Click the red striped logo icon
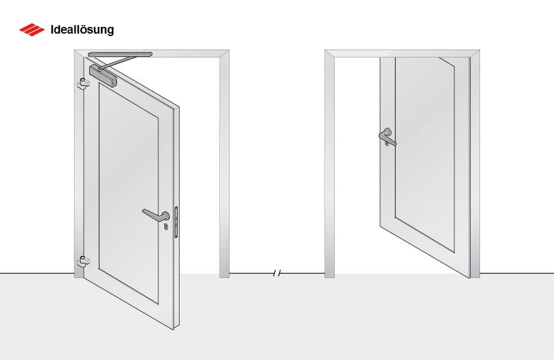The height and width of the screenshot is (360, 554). click(x=32, y=29)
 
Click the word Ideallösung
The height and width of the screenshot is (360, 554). click(x=82, y=29)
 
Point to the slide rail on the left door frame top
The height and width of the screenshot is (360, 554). click(x=120, y=54)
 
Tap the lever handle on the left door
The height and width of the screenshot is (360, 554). click(x=156, y=215)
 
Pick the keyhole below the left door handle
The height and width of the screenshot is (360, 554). click(x=166, y=227)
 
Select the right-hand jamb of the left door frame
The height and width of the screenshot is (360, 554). click(x=224, y=165)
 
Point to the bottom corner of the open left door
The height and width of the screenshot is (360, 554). click(x=173, y=328)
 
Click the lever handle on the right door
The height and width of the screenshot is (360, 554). click(x=387, y=138)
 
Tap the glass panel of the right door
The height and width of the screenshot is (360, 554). click(x=425, y=153)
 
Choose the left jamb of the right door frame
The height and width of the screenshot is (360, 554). click(x=330, y=165)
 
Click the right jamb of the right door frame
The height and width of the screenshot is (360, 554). click(x=475, y=165)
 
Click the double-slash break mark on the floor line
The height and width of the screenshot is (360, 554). click(x=277, y=273)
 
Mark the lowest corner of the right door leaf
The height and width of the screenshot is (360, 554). click(x=468, y=277)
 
